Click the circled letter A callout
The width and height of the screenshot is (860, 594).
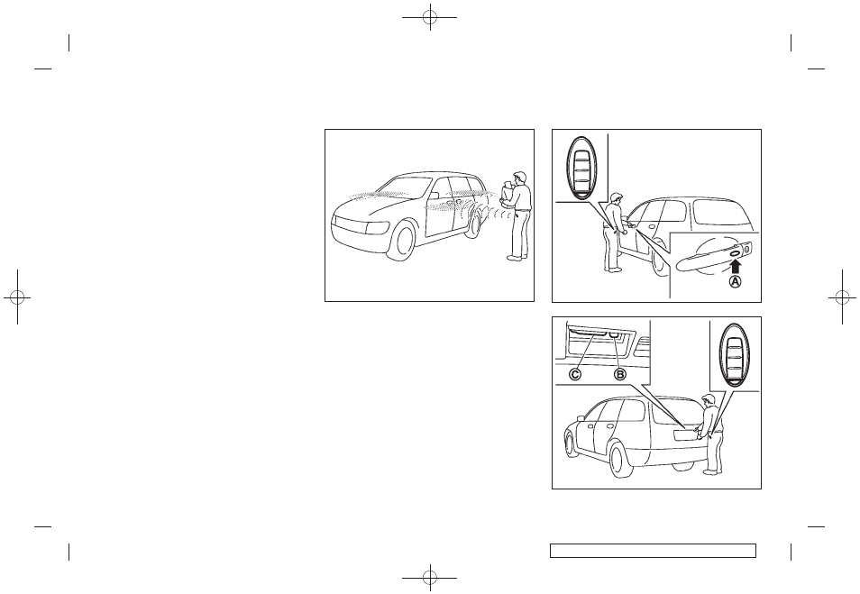pyautogui.click(x=735, y=281)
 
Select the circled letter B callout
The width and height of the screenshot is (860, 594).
pyautogui.click(x=620, y=375)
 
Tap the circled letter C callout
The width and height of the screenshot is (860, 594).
pyautogui.click(x=575, y=375)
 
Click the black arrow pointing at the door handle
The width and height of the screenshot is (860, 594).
pyautogui.click(x=736, y=266)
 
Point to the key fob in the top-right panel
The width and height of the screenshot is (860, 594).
pyautogui.click(x=581, y=168)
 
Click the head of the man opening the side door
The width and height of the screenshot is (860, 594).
pyautogui.click(x=617, y=198)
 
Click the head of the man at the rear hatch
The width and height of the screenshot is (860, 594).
pyautogui.click(x=709, y=400)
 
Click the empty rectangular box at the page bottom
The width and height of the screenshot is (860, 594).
pyautogui.click(x=654, y=550)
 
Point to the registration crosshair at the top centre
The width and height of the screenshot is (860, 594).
pyautogui.click(x=430, y=17)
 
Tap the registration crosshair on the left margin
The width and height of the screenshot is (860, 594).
pyautogui.click(x=17, y=297)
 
